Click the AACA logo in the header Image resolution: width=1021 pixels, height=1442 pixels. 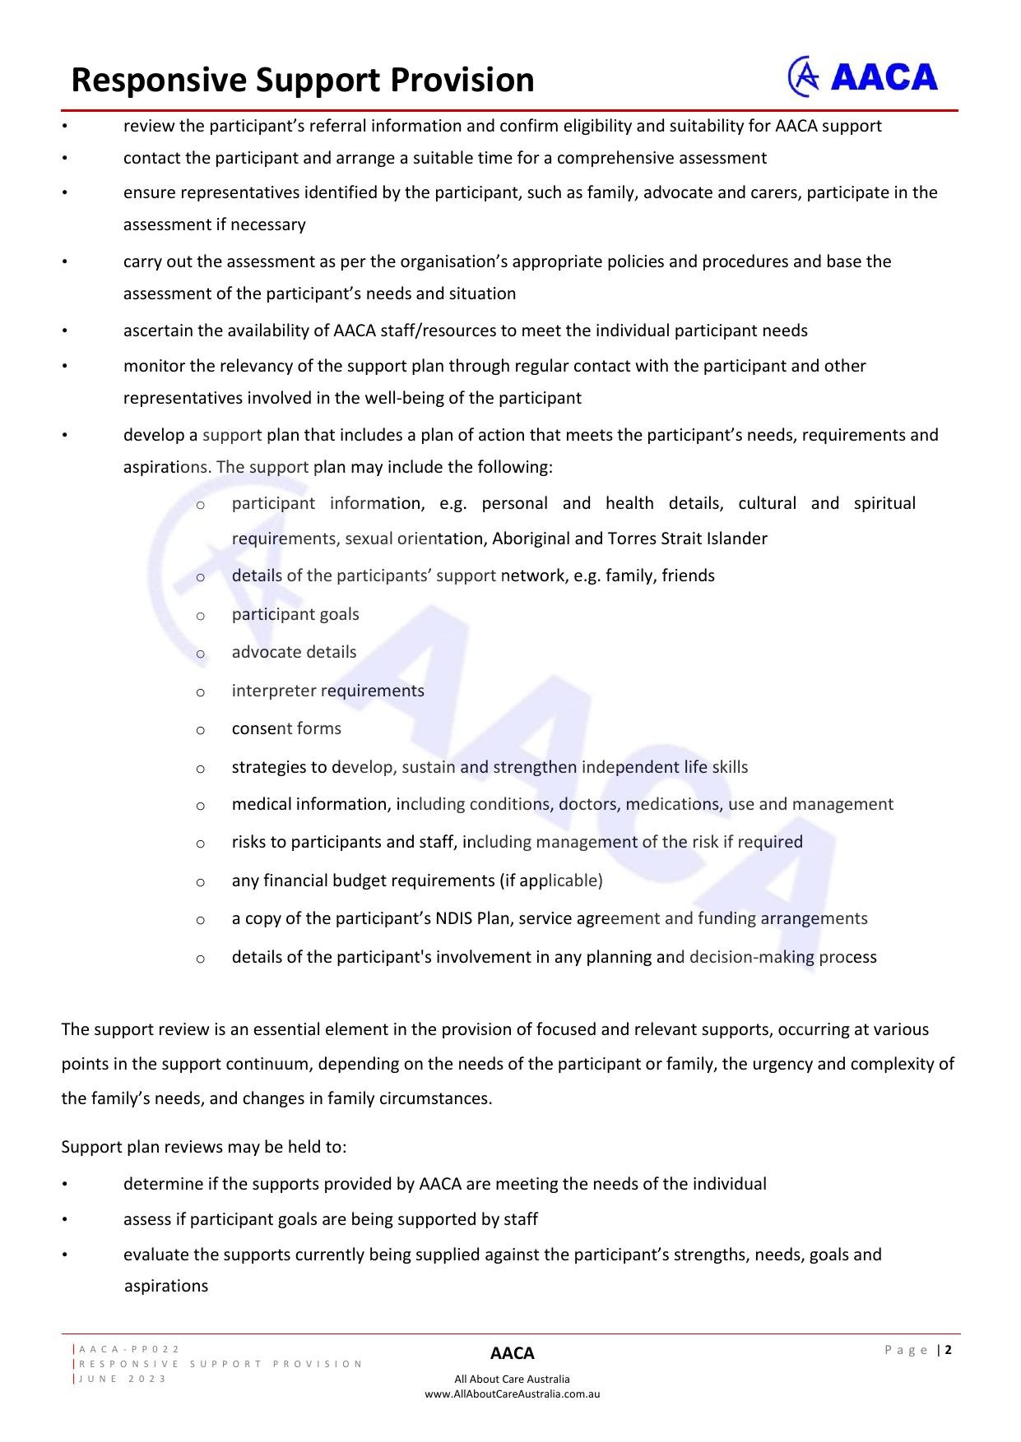point(862,76)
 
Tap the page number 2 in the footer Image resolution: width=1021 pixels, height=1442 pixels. point(949,1349)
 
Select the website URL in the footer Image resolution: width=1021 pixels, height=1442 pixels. point(512,1393)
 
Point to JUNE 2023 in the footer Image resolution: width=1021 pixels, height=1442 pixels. point(123,1379)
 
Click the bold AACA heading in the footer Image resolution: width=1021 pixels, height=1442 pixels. point(512,1353)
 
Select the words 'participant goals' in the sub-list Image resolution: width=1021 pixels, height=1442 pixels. point(295,614)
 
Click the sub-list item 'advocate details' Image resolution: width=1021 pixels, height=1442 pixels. point(294,652)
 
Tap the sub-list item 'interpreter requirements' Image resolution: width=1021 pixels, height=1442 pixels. point(327,691)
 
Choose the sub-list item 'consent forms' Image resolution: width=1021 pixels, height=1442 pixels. point(286,728)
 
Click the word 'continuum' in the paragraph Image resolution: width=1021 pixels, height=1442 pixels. point(269,1064)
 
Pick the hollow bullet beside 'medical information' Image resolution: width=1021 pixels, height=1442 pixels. point(200,806)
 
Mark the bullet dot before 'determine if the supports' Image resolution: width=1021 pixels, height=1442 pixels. point(64,1185)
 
